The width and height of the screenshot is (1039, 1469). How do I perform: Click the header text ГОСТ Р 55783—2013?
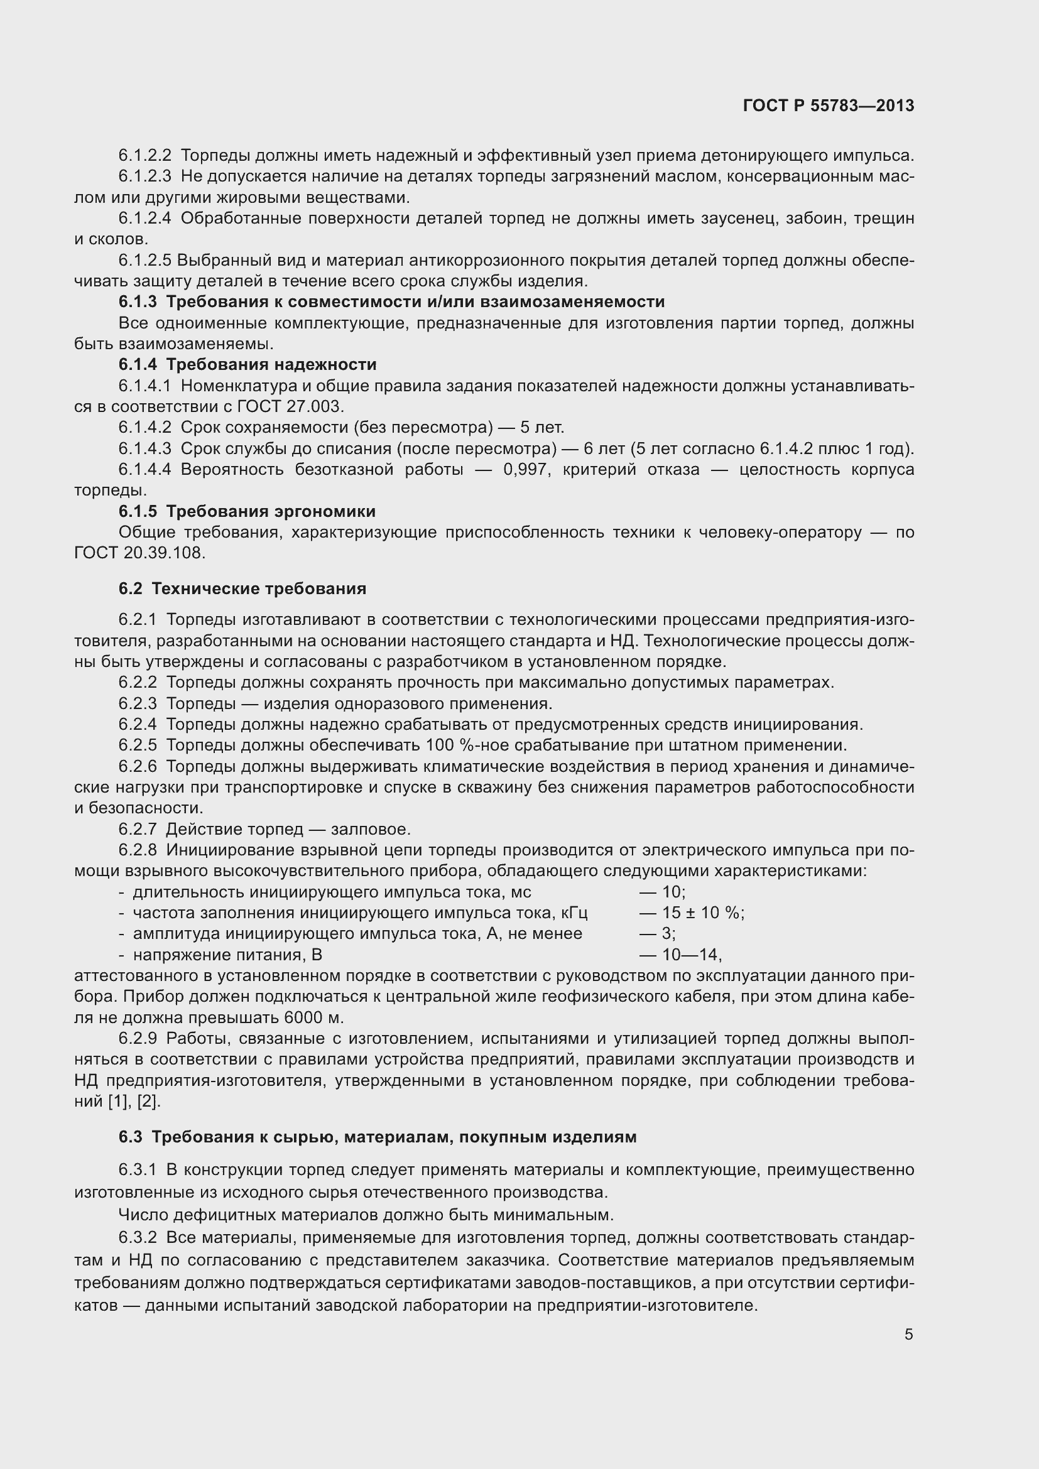click(x=829, y=106)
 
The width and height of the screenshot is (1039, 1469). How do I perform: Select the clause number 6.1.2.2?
click(x=144, y=156)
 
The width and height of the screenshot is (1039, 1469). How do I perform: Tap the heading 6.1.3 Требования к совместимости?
click(x=391, y=302)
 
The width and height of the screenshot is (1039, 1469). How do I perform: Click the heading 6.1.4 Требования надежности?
click(x=248, y=365)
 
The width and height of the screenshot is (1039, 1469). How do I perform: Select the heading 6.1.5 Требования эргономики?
click(x=247, y=512)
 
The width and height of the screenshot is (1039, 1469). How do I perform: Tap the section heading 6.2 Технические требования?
click(x=242, y=588)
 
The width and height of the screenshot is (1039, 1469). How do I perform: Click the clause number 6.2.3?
click(x=138, y=704)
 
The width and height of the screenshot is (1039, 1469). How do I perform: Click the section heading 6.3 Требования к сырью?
click(x=378, y=1137)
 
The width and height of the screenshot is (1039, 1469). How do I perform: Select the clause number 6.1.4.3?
click(x=144, y=449)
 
